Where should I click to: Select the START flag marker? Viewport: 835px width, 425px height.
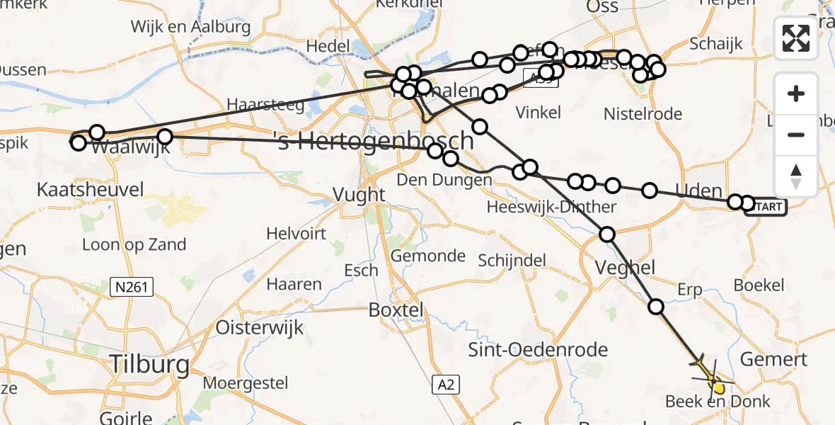coord(766,206)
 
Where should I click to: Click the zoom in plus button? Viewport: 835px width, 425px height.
coord(796,94)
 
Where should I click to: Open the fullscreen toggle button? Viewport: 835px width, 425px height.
coord(796,38)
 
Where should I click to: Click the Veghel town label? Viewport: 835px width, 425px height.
coord(616,268)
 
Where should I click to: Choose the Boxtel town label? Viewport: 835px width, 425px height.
coord(396,310)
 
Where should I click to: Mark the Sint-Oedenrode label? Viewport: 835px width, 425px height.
coord(539,349)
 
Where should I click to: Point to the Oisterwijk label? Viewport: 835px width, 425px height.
coord(260,327)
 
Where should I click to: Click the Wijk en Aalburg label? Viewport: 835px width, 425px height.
coord(190,27)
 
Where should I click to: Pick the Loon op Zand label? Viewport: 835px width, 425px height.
coord(134,245)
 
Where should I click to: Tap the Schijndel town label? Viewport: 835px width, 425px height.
coord(512,260)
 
